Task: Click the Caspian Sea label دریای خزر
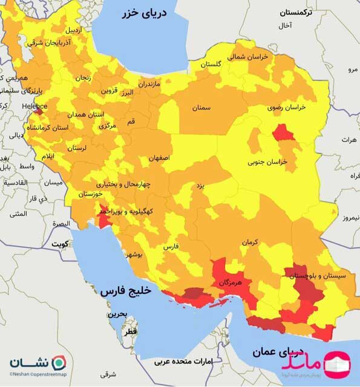[x=145, y=14]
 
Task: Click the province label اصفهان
[x=166, y=158]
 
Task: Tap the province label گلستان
[x=210, y=64]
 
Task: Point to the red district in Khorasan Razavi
[x=283, y=132]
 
